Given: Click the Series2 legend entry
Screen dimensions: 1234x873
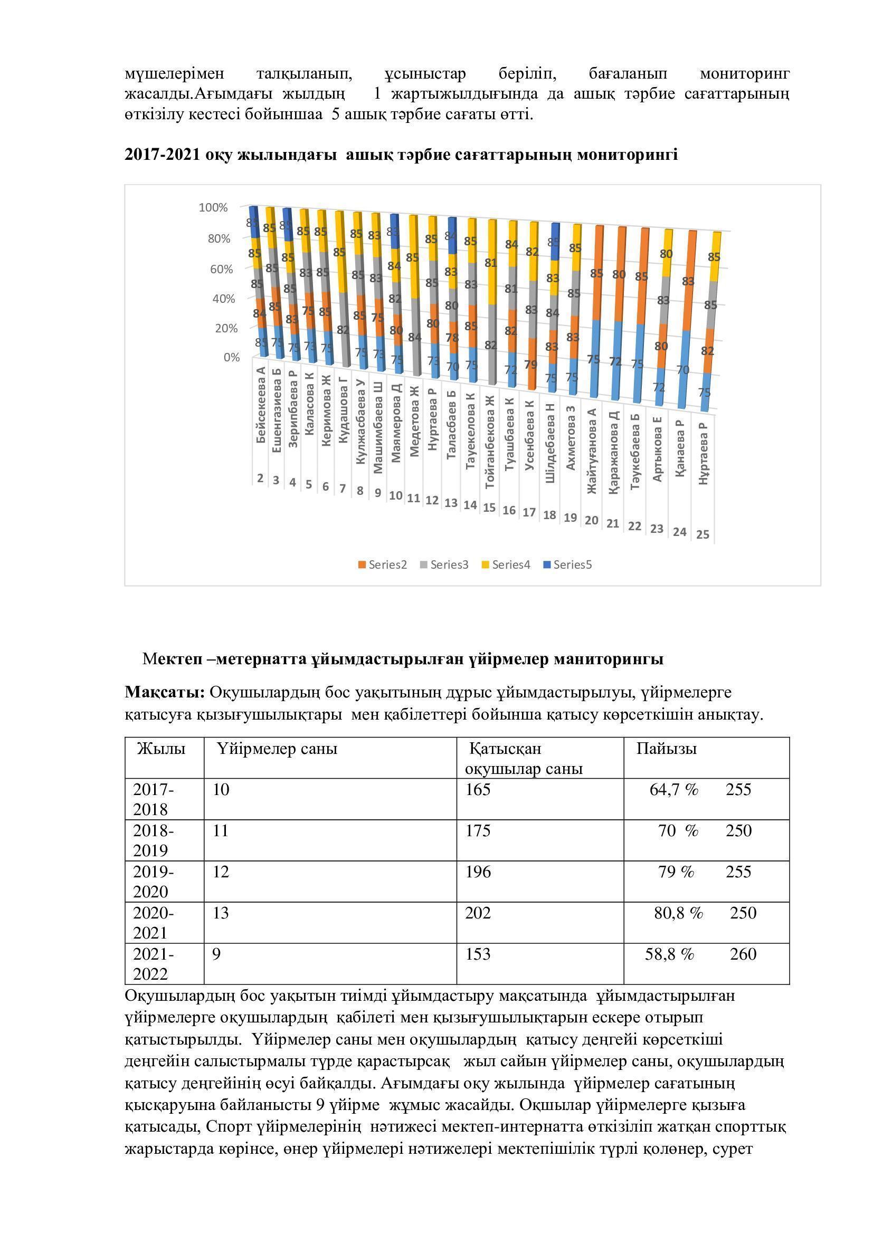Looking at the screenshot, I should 383,565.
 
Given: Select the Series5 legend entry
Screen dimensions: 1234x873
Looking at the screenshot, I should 568,565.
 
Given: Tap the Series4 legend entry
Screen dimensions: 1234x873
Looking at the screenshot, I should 506,565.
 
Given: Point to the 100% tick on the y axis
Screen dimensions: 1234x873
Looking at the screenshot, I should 213,207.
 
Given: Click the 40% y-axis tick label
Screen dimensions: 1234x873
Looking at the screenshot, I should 222,298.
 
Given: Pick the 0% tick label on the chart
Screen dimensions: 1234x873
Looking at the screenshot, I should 231,357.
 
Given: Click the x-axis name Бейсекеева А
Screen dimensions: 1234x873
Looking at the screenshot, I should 261,405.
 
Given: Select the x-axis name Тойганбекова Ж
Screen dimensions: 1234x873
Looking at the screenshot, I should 489,441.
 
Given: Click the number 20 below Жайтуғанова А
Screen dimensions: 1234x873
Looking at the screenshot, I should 591,520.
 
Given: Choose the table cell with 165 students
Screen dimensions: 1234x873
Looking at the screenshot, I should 478,790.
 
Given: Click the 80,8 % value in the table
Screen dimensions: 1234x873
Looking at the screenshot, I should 678,913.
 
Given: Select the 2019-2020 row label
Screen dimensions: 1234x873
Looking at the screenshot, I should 153,882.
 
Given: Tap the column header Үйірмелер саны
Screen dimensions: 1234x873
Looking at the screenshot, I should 278,748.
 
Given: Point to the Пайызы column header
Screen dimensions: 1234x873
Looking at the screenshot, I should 667,748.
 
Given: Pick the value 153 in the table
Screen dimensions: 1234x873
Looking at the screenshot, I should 478,954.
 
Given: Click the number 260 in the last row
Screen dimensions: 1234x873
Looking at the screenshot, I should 743,954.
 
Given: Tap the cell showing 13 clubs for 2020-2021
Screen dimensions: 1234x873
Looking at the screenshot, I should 221,913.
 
